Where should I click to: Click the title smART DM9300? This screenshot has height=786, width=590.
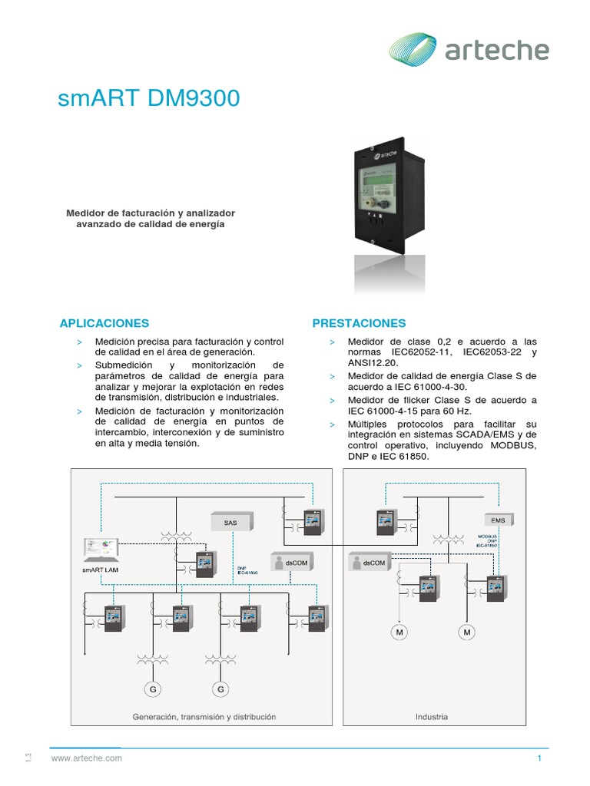149,99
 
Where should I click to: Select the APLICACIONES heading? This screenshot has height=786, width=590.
104,323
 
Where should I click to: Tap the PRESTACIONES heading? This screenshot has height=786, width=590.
359,323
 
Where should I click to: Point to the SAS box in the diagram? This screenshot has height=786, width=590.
230,523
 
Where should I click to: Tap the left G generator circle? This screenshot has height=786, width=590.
154,689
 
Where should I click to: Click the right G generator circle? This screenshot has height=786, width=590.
221,689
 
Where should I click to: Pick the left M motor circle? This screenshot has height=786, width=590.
400,632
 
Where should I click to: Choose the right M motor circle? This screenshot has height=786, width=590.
467,632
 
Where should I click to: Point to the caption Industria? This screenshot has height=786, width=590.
432,717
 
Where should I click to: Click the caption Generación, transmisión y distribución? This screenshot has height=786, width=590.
204,717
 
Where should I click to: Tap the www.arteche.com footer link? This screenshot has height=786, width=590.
87,758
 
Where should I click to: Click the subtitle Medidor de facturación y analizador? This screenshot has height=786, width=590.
151,212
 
